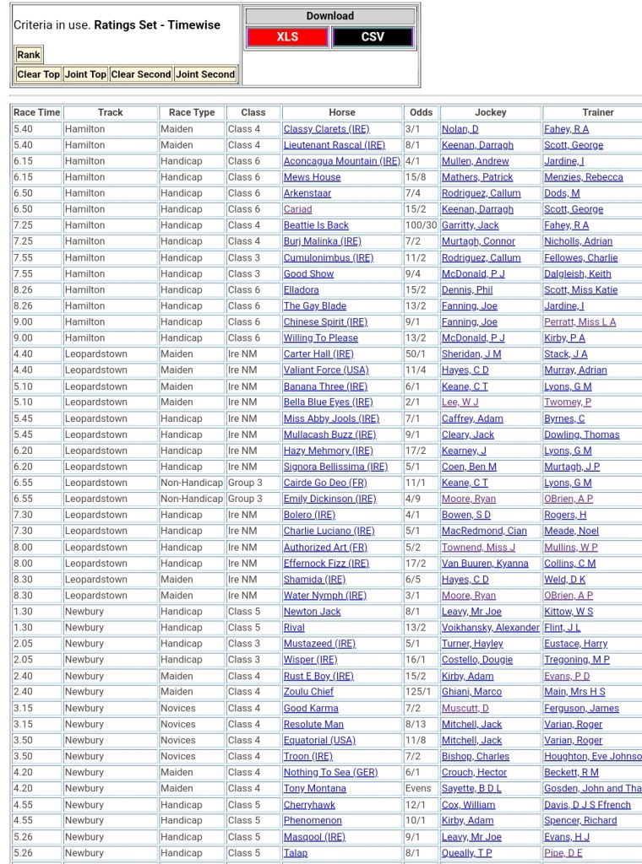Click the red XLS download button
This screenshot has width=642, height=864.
click(287, 37)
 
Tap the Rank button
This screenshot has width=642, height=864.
click(29, 55)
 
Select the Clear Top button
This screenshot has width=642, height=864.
click(39, 74)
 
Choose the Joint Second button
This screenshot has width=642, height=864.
click(205, 74)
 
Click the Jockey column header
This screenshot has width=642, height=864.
click(490, 112)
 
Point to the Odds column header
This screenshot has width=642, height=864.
click(421, 112)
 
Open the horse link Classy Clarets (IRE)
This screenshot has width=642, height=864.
click(326, 129)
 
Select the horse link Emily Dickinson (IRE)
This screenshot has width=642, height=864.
click(329, 499)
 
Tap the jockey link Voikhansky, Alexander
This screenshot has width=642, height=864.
click(490, 628)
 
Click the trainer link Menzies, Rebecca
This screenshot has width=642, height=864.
click(583, 177)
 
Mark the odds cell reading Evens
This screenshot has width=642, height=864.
click(417, 788)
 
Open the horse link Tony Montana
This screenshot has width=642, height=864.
click(314, 788)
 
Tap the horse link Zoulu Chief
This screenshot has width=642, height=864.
click(308, 692)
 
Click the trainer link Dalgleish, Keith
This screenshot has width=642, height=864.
click(577, 273)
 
